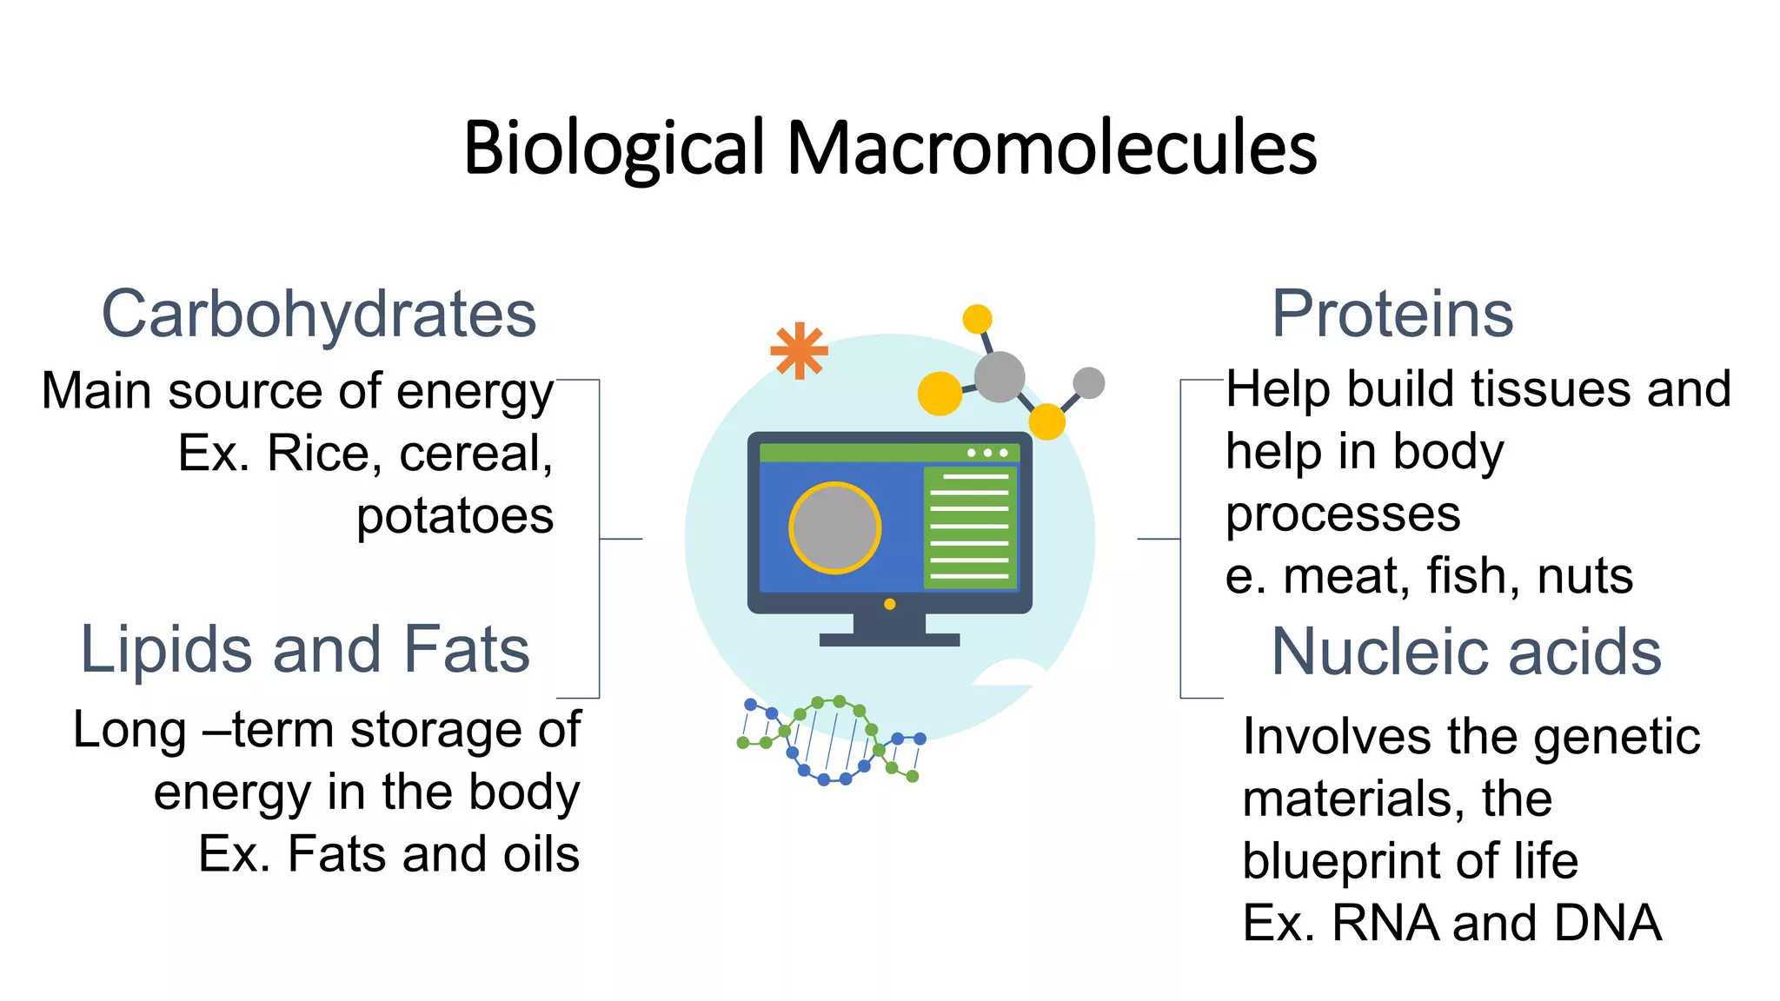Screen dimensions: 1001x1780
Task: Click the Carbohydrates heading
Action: click(319, 315)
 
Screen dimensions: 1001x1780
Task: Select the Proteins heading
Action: click(1392, 315)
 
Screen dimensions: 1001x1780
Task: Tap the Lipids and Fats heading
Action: click(305, 650)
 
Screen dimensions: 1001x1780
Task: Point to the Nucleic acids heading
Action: click(1466, 652)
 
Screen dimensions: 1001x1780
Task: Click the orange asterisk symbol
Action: click(799, 351)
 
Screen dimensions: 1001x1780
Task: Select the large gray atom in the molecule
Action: click(1000, 377)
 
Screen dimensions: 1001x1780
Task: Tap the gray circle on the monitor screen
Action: click(834, 528)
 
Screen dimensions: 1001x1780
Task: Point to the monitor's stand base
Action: click(889, 640)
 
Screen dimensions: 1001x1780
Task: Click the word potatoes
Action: click(455, 516)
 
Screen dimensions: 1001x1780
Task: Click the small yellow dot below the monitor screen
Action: click(889, 604)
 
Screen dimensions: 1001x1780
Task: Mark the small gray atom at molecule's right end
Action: click(1088, 382)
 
